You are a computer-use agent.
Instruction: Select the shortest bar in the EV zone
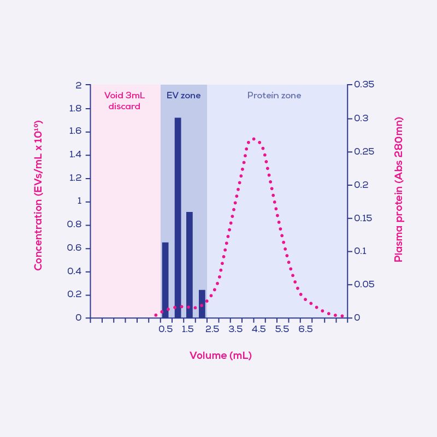click(202, 304)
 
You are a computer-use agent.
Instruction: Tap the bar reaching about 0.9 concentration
click(189, 264)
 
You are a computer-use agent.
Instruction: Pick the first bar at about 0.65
click(165, 280)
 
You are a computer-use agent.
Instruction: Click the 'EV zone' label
click(184, 96)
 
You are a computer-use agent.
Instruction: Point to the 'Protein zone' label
click(274, 96)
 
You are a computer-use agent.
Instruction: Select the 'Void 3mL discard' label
click(125, 101)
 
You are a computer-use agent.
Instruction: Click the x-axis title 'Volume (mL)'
click(220, 356)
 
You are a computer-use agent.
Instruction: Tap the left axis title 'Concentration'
click(38, 197)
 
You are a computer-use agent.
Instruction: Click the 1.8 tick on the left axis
click(75, 109)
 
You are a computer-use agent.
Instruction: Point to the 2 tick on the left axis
click(79, 85)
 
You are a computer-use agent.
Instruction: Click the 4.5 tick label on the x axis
click(258, 329)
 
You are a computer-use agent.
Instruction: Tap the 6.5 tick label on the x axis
click(305, 329)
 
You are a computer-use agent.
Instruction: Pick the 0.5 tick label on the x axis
click(166, 329)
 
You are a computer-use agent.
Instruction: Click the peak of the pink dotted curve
click(253, 139)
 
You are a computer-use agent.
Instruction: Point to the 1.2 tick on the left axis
click(75, 178)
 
